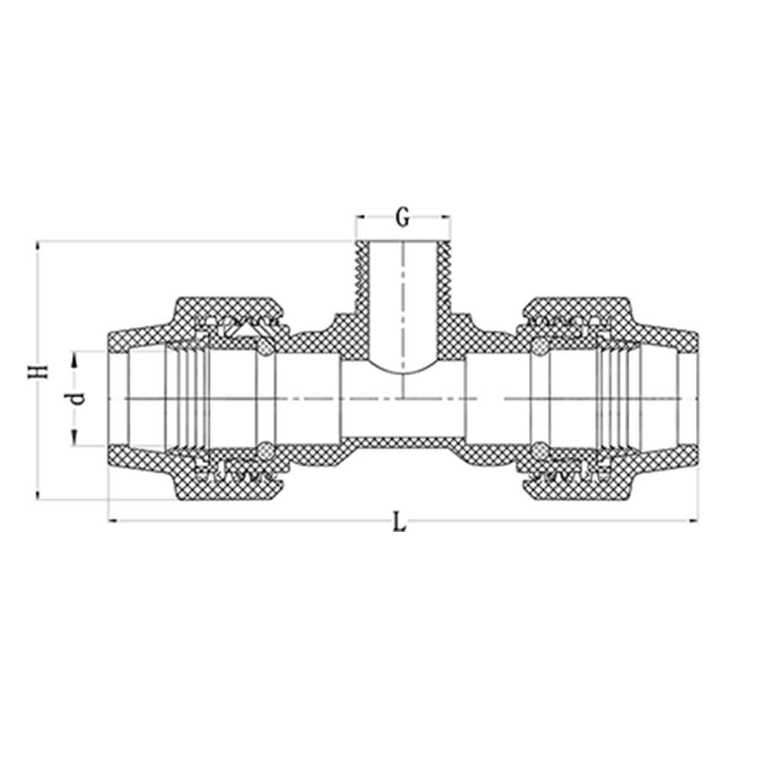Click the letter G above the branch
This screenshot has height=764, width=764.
(403, 218)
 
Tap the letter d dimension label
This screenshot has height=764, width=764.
(76, 399)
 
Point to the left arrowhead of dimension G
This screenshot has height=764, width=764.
(361, 216)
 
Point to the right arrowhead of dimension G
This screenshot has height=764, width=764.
(445, 216)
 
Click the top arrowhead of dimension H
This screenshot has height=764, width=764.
(37, 246)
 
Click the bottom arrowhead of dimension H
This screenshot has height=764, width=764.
(37, 494)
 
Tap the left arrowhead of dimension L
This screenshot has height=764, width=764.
(113, 521)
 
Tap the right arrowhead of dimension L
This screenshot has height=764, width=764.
(693, 521)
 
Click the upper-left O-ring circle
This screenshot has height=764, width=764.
(264, 348)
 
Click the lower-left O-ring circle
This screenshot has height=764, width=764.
(264, 448)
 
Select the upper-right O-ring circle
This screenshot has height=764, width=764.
(539, 348)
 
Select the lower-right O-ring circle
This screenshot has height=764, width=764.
(539, 448)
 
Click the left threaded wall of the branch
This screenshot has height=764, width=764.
(362, 278)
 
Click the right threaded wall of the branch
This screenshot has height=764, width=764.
(443, 278)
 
